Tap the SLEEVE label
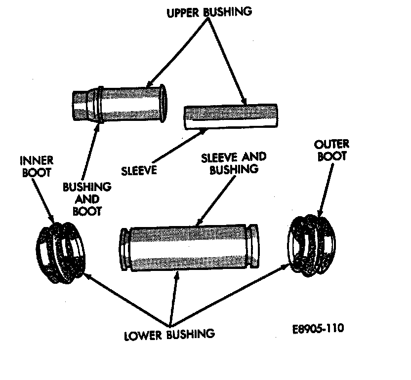coord(139,171)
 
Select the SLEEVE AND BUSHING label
coord(234,163)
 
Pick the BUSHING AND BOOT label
coord(87,198)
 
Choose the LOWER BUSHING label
coord(169,334)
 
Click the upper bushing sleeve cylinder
coord(230,116)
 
